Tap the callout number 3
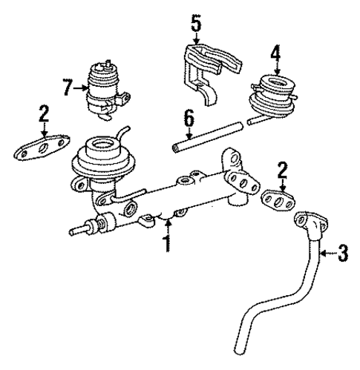342,254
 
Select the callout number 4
275,53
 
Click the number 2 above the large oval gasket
44,113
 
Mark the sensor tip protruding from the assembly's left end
73,229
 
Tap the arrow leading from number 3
327,254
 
